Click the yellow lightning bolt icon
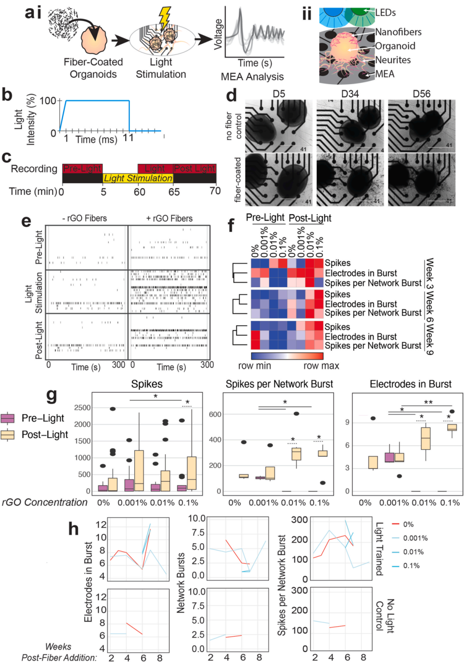pos(164,18)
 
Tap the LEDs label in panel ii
pos(385,12)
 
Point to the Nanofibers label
pos(398,32)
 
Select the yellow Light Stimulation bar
pos(138,178)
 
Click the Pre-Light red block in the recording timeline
pos(82,169)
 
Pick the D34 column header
pos(350,94)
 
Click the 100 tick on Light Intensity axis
pos(48,101)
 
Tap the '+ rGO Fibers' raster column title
pos(169,218)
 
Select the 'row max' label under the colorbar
pos(321,366)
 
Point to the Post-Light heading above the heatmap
pos(310,218)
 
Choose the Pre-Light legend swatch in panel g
pos(8,418)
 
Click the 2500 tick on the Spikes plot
pos(82,408)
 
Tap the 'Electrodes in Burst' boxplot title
pos(410,384)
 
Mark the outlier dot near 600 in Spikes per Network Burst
pos(296,414)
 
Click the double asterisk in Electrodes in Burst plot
pos(428,402)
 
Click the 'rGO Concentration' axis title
pos(45,502)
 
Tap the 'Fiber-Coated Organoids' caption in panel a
pos(93,68)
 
